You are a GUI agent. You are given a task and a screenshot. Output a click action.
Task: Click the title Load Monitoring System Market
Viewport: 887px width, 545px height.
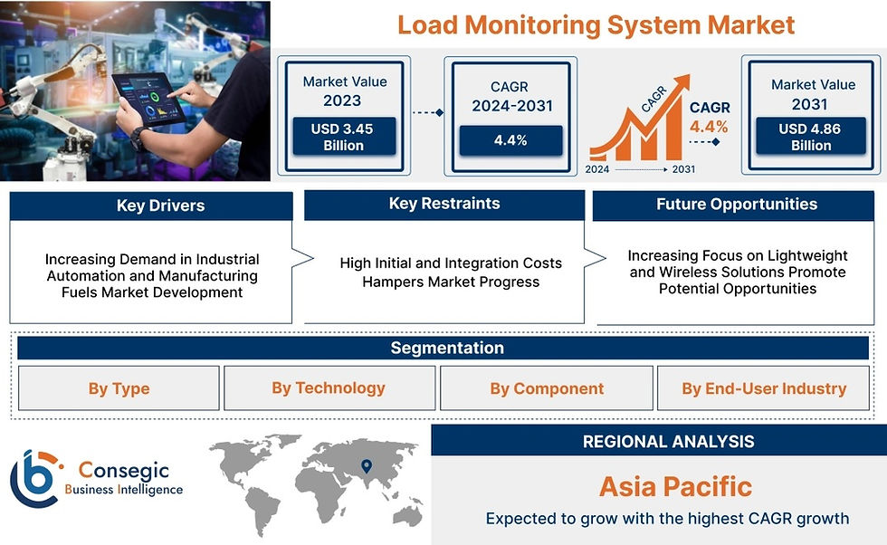coord(596,25)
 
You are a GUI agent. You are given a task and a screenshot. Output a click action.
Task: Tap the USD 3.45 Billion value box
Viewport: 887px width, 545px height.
coord(344,137)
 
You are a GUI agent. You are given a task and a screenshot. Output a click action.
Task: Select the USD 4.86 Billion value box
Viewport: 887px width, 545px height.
coord(811,136)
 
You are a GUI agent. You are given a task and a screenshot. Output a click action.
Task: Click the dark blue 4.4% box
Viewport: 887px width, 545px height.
coord(510,140)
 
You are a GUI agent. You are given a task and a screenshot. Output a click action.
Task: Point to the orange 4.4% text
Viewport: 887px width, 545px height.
coord(709,126)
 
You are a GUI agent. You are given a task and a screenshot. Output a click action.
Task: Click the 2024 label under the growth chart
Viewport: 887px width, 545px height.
coord(596,169)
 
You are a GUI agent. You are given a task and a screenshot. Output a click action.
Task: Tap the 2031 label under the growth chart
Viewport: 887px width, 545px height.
coord(683,169)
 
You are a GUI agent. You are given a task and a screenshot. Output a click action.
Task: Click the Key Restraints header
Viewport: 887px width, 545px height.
coord(444,205)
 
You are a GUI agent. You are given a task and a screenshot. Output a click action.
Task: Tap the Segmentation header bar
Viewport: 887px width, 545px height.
coord(443,348)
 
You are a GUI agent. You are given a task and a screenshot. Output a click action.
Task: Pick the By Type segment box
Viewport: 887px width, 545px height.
coord(119,388)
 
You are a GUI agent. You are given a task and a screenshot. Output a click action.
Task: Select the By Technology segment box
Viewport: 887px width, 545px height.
coord(329,388)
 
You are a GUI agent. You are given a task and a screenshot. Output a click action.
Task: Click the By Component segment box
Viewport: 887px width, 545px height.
coord(547,388)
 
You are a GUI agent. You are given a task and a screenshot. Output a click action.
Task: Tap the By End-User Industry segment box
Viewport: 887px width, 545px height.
coord(763,388)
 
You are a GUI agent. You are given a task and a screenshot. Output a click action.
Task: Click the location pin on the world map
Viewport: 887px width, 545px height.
coord(367,465)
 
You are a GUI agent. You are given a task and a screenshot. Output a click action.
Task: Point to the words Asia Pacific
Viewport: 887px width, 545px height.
coord(675,487)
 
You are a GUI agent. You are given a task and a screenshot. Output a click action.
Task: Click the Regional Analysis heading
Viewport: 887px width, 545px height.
coord(669,442)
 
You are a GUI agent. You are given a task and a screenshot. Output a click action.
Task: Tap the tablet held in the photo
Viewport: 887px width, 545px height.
coord(148,99)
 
